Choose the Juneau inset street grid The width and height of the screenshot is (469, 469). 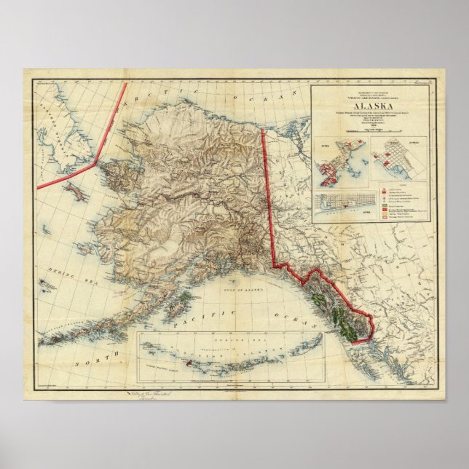click(400, 160)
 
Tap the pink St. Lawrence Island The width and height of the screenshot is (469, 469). click(74, 192)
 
